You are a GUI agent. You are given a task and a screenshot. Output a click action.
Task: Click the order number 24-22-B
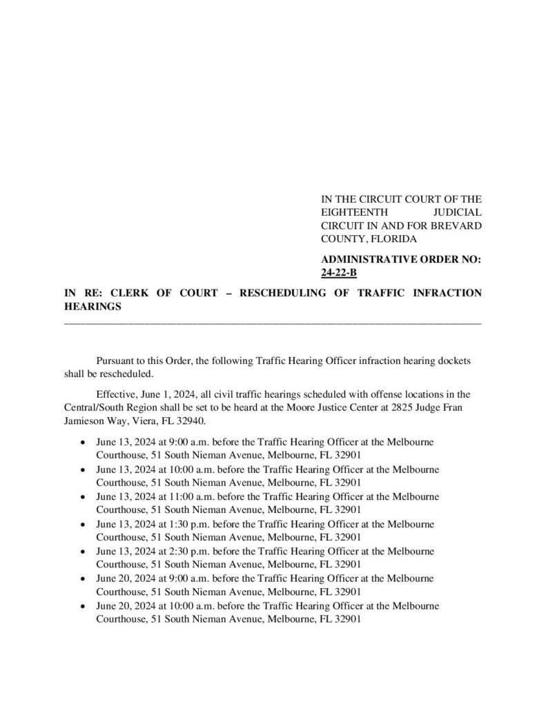pos(339,273)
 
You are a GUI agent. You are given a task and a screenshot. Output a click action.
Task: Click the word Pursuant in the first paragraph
pos(114,361)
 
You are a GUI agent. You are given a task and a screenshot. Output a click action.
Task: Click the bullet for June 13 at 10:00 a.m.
pos(83,470)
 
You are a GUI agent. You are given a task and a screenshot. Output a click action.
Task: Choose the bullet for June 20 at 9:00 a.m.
pos(83,578)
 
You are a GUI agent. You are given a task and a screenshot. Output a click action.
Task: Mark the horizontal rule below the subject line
pos(273,321)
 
